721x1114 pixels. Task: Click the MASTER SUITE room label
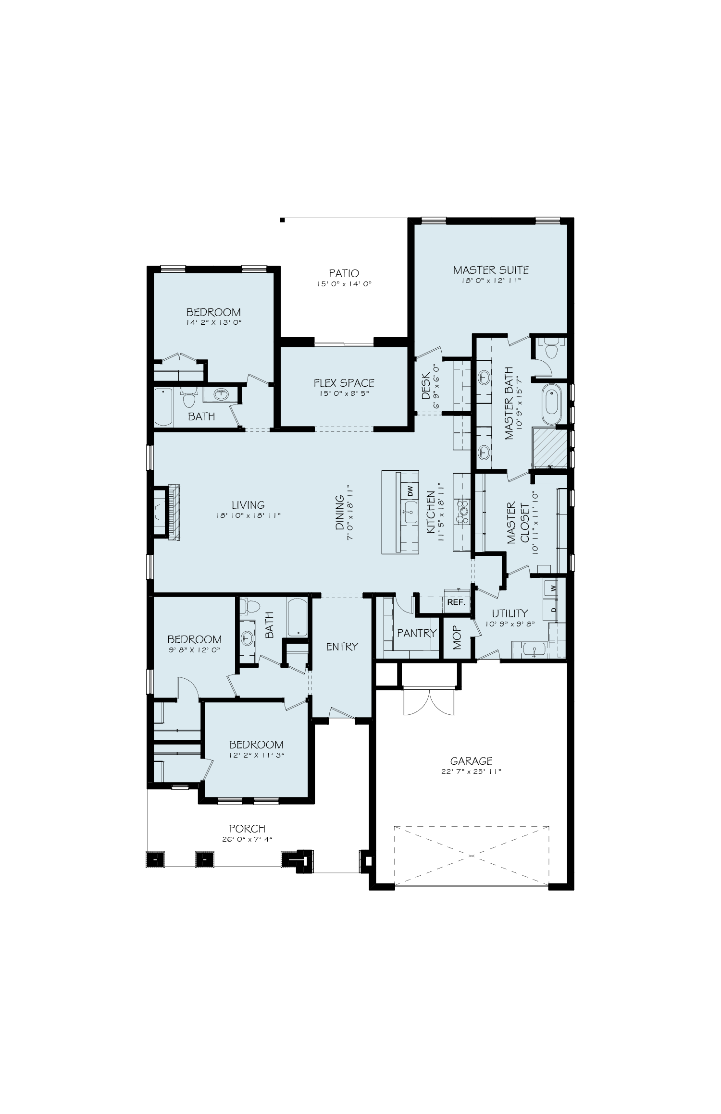(491, 269)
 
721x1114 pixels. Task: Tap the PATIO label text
(344, 273)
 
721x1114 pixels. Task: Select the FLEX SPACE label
(344, 383)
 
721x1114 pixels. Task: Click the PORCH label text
(247, 829)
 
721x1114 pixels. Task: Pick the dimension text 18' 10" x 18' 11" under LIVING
(248, 515)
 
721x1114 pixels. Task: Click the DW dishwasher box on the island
(410, 491)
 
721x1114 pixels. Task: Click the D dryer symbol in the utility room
(553, 610)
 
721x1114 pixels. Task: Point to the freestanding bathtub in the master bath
(551, 405)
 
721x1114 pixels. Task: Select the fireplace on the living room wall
(166, 513)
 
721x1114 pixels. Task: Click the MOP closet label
(457, 637)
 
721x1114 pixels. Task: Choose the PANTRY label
(416, 633)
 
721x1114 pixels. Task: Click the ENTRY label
(342, 647)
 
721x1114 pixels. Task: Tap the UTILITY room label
(510, 613)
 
